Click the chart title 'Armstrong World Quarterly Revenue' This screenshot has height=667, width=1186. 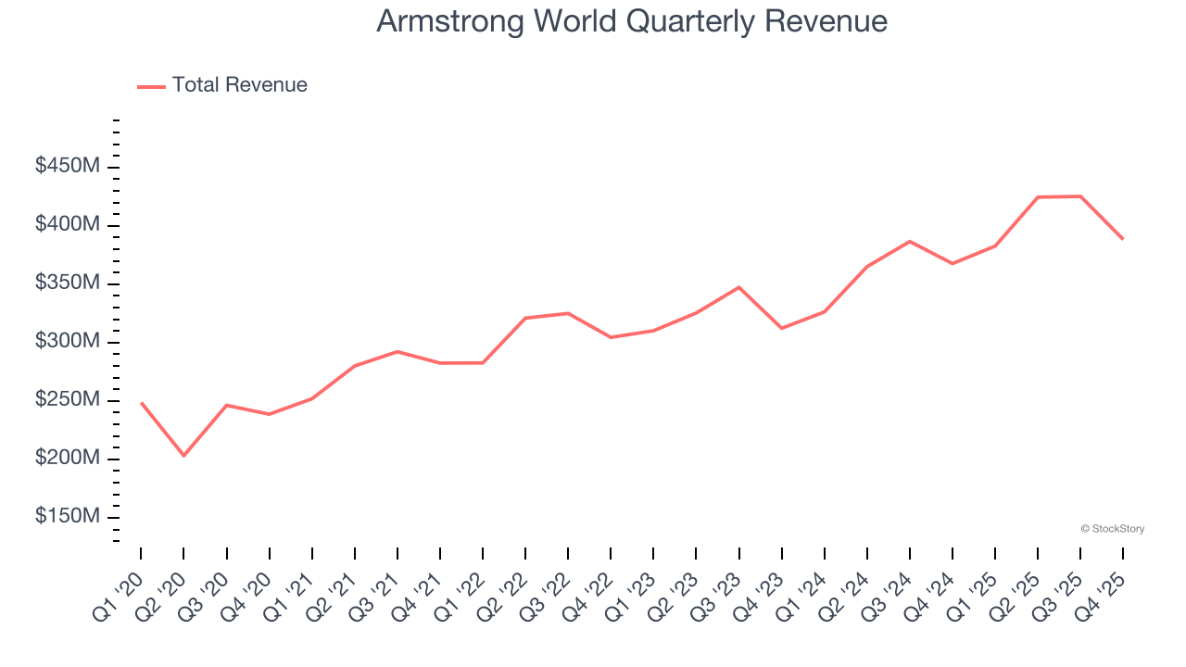[632, 21]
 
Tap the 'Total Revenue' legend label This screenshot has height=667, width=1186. [239, 85]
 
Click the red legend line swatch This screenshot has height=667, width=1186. [151, 86]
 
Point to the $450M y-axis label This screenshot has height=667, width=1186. [68, 167]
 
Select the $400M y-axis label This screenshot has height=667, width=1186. [68, 225]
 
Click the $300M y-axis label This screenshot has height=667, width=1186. [68, 342]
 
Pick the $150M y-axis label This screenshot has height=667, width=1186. [68, 517]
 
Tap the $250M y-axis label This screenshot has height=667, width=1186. [68, 400]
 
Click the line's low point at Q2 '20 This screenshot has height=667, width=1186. [183, 456]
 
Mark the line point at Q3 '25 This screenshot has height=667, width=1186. [1080, 196]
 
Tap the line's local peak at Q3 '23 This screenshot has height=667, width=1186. [738, 287]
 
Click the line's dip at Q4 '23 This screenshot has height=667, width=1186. [781, 328]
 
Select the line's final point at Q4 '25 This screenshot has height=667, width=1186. [1123, 239]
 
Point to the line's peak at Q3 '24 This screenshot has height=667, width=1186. [910, 241]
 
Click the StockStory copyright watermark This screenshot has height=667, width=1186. [1112, 529]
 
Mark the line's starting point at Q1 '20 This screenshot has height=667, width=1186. [141, 402]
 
